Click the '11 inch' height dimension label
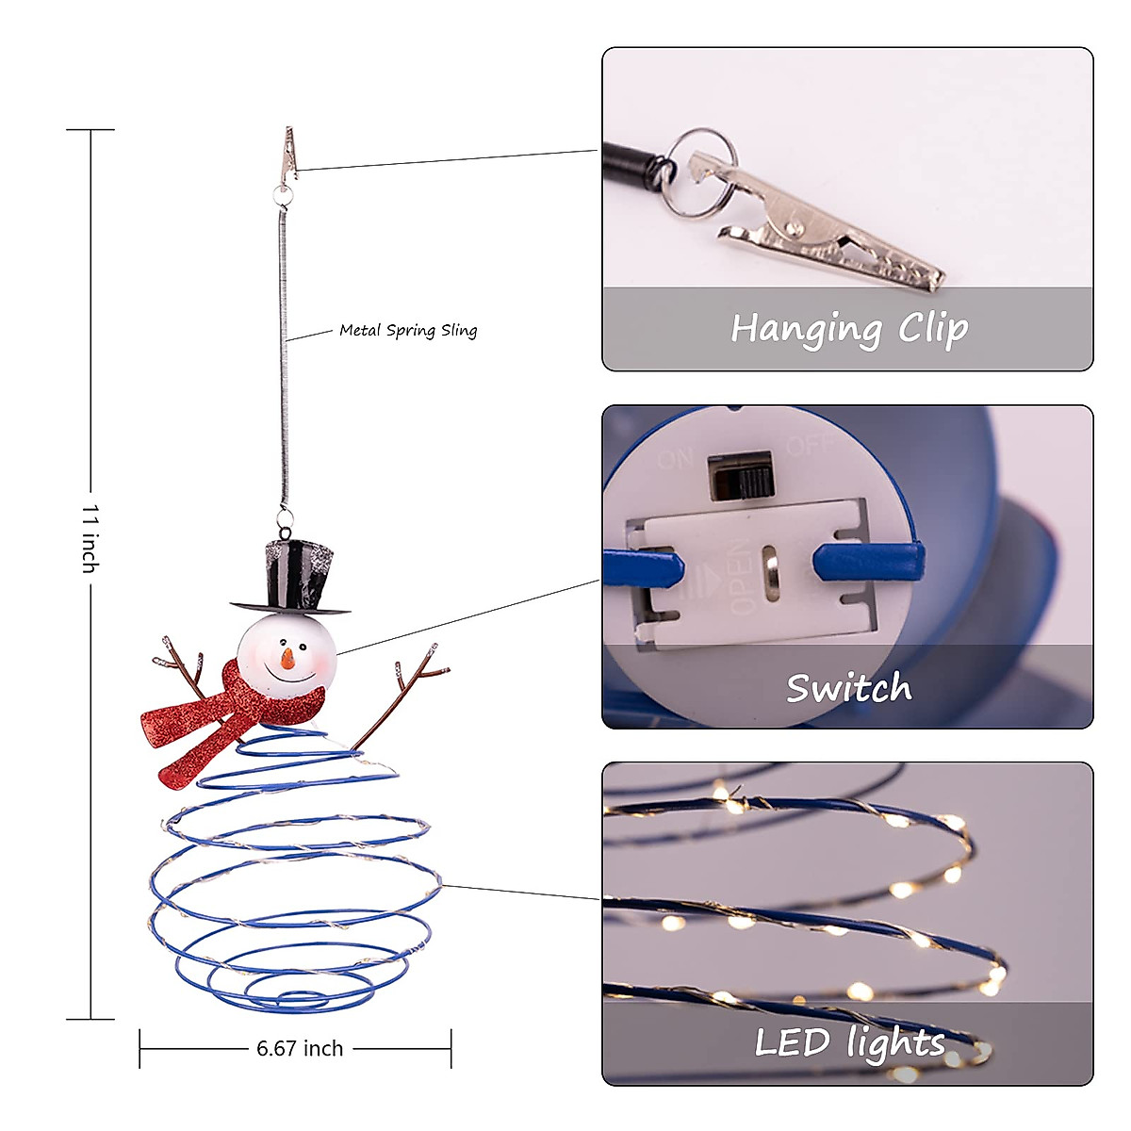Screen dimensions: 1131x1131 click(90, 538)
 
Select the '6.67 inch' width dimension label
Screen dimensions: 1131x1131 click(300, 1048)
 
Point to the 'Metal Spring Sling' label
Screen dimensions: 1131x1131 click(408, 330)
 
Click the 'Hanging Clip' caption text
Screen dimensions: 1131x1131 click(849, 329)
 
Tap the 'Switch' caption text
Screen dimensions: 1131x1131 click(848, 688)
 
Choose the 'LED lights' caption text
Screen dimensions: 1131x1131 click(849, 1042)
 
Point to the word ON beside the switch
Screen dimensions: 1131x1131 click(676, 459)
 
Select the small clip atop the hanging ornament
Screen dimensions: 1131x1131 click(289, 155)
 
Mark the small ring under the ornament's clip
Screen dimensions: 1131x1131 click(283, 194)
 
